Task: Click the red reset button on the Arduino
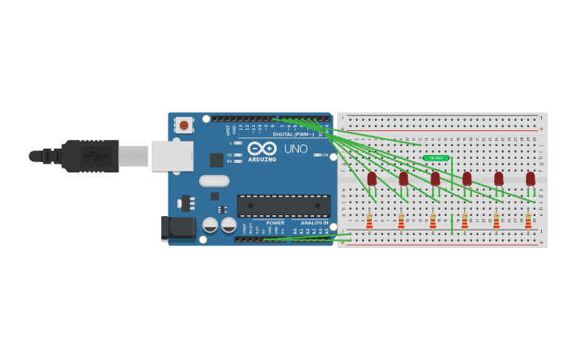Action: coord(184,125)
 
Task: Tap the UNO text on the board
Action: coord(296,149)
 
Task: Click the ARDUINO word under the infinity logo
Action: coord(262,159)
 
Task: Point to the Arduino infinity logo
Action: coord(261,148)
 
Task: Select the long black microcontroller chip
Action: coord(284,205)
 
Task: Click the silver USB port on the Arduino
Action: coord(172,156)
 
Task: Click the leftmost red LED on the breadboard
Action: coord(372,179)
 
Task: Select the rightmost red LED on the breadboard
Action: coord(531,179)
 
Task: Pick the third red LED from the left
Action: coord(435,179)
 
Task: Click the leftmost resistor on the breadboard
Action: coord(369,221)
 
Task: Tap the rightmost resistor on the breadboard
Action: coord(528,221)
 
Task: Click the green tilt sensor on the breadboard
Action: coord(436,158)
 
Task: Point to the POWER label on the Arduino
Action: coord(276,223)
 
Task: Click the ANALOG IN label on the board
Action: coord(315,223)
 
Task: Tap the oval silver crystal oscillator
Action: coord(214,180)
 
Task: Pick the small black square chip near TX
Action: coord(216,160)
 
